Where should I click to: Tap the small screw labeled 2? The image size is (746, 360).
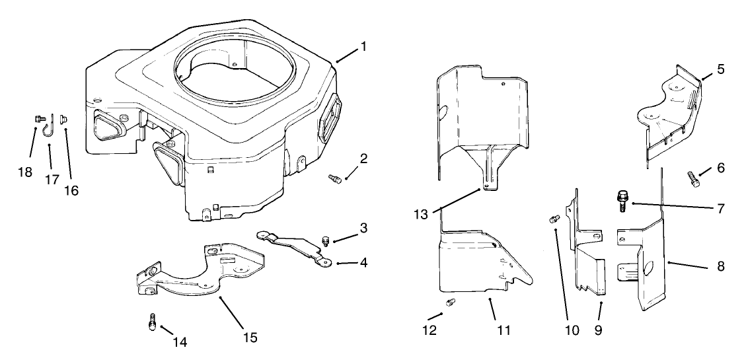tap(335, 178)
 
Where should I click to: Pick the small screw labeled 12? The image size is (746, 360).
tap(451, 303)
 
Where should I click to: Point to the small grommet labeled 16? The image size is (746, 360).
tap(65, 120)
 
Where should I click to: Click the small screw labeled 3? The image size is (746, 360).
tap(325, 238)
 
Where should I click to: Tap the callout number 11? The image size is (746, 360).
tap(503, 330)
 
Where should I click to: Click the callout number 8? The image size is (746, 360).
tap(720, 267)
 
